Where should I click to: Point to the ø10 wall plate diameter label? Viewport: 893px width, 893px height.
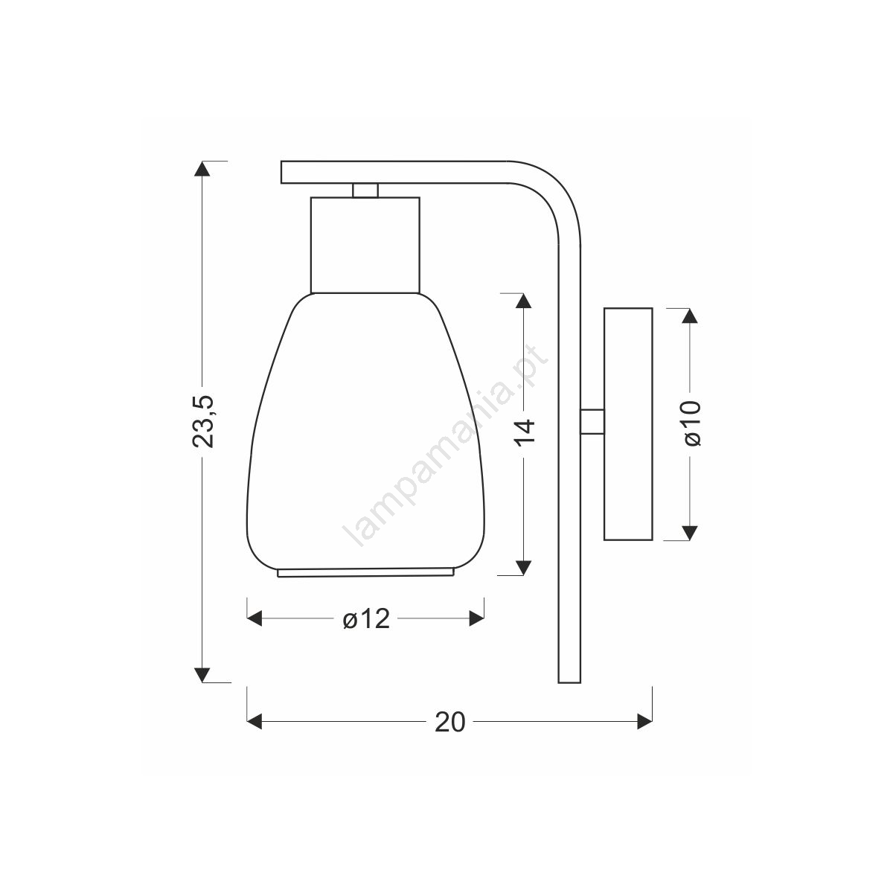pos(692,423)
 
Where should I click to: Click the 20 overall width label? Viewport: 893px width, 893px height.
pos(450,722)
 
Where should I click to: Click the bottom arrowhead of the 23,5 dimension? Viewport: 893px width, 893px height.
pos(202,675)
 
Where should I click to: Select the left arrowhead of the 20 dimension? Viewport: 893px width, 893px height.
pos(255,721)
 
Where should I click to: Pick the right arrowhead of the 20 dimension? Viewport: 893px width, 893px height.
pos(644,721)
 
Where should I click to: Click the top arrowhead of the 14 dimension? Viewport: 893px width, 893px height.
pos(524,301)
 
